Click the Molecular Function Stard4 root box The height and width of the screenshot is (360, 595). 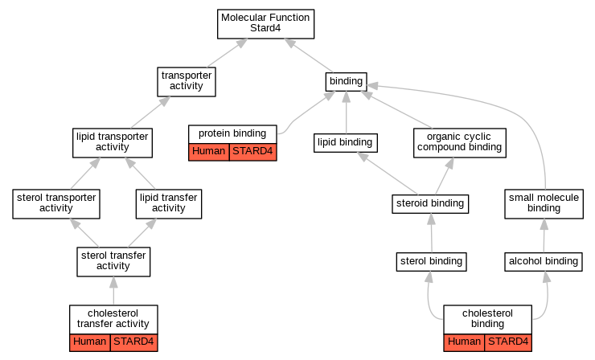point(265,24)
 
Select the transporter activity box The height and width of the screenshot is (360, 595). point(187,81)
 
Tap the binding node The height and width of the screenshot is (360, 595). point(346,81)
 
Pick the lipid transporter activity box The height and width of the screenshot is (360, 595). point(113,143)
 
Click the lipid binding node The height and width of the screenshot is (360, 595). point(345,143)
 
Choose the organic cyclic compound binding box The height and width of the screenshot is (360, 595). point(460,143)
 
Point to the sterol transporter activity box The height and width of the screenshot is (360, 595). point(56,204)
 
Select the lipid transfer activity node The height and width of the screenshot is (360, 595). point(169,204)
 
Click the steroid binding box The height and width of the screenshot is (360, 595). point(430,204)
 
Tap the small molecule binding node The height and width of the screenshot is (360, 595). point(544,204)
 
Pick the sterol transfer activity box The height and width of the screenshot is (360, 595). point(113,262)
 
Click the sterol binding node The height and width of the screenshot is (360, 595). point(432,262)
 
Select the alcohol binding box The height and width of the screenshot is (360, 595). point(544,262)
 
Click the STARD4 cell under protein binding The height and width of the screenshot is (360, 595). point(252,152)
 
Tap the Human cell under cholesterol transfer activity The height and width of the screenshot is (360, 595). point(90,342)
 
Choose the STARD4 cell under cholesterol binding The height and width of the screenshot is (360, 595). point(508,342)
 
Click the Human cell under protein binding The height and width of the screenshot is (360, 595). point(209,152)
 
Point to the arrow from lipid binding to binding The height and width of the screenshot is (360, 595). point(346,112)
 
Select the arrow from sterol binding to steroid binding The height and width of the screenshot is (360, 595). point(432,233)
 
